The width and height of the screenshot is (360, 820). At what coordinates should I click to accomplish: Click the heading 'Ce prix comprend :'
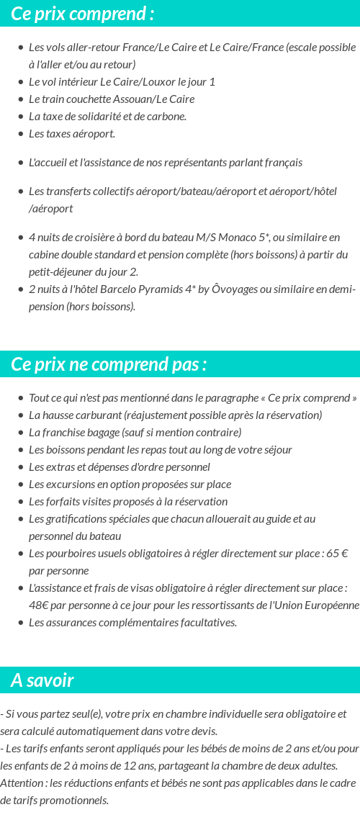pyautogui.click(x=83, y=14)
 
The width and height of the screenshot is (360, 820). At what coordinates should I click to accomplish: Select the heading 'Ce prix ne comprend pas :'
pyautogui.click(x=109, y=364)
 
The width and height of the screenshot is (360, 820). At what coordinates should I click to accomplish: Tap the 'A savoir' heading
pyautogui.click(x=42, y=680)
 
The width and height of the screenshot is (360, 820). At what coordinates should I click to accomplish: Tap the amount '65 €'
pyautogui.click(x=336, y=554)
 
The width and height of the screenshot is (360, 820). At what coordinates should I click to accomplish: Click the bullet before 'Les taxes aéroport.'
pyautogui.click(x=21, y=134)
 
